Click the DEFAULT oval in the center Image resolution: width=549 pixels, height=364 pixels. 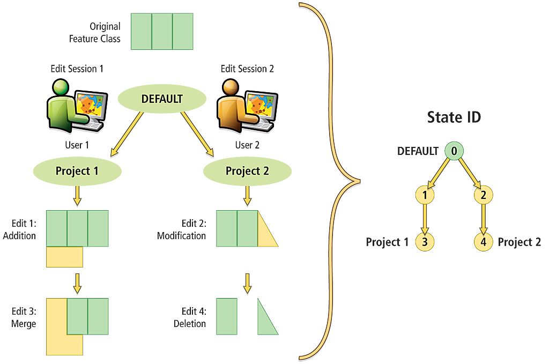pyautogui.click(x=161, y=99)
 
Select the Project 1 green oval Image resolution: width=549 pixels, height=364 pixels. pyautogui.click(x=78, y=171)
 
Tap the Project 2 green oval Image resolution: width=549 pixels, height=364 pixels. pyautogui.click(x=247, y=171)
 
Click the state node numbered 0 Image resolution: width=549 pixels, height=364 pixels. pyautogui.click(x=454, y=151)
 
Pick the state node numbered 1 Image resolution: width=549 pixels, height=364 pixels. pyautogui.click(x=425, y=195)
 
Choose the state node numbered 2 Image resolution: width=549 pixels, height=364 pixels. pyautogui.click(x=484, y=195)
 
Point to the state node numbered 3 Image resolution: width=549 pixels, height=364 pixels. pyautogui.click(x=425, y=242)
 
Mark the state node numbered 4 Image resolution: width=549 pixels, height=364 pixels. pyautogui.click(x=484, y=242)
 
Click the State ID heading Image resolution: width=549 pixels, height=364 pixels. pyautogui.click(x=454, y=117)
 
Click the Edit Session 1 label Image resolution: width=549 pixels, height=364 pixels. pyautogui.click(x=77, y=69)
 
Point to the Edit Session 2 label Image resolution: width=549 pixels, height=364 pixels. pyautogui.click(x=247, y=69)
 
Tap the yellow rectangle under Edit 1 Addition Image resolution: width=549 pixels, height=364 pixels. pyautogui.click(x=64, y=257)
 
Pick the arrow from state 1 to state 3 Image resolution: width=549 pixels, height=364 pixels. pyautogui.click(x=425, y=219)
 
